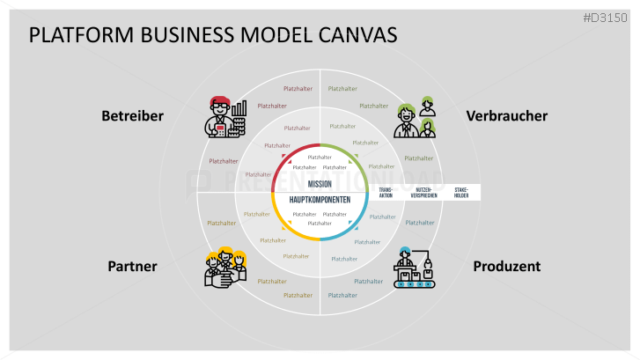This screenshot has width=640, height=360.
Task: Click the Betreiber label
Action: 132,115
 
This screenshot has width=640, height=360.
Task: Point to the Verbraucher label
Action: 506,115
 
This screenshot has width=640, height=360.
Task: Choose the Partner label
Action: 132,266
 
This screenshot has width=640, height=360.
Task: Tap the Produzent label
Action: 506,266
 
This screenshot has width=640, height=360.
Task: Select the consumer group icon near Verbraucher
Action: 415,116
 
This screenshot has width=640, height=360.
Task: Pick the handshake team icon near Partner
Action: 224,267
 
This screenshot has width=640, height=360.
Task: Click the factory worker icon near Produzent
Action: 415,267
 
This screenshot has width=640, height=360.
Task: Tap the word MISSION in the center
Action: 320,184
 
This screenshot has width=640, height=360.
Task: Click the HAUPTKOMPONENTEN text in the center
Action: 320,200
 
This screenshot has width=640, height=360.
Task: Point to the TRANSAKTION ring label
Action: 386,192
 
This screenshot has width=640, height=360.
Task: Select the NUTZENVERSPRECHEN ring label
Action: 423,192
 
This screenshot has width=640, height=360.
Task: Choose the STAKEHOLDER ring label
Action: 462,192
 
